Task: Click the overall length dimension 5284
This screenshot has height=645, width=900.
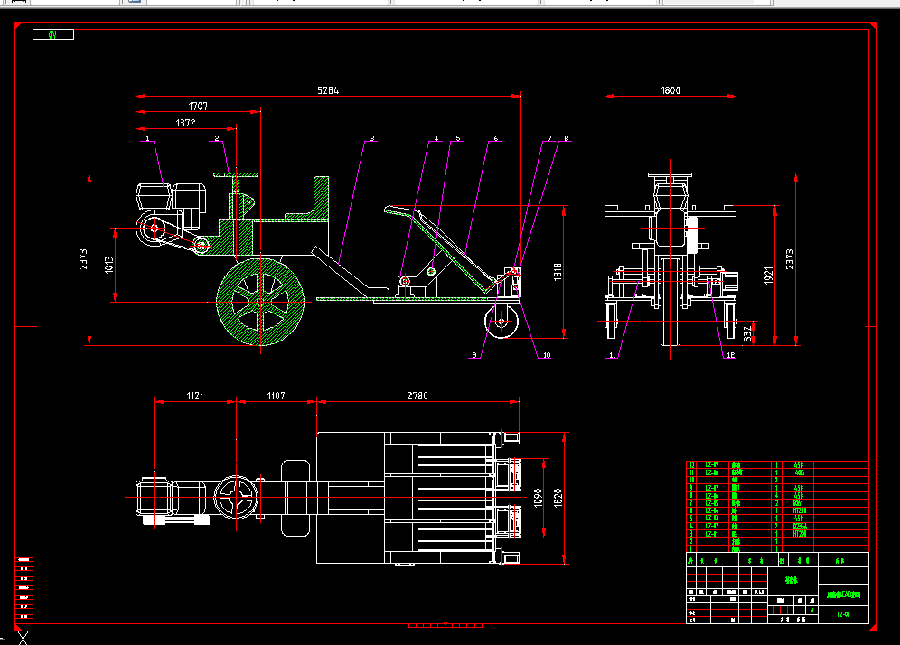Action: coord(329,90)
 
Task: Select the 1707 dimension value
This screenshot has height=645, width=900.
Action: coord(198,106)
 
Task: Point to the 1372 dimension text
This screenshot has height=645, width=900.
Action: coord(186,123)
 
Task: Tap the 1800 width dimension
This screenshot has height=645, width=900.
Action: coord(670,90)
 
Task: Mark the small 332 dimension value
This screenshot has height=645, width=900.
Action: coord(746,332)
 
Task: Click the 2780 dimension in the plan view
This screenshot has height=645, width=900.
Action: coord(417,396)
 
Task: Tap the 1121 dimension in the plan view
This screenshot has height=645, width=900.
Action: coord(195,396)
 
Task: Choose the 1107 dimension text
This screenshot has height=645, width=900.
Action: coord(276,396)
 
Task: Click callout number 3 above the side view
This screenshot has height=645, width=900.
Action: coord(371,139)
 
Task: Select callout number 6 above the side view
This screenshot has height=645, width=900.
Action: coord(495,139)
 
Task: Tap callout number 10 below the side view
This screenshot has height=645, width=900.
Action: coord(546,355)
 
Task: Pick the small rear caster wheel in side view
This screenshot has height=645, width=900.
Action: coord(502,320)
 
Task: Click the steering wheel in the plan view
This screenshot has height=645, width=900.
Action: coord(237,498)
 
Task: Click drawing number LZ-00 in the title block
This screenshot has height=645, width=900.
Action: coord(843,614)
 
